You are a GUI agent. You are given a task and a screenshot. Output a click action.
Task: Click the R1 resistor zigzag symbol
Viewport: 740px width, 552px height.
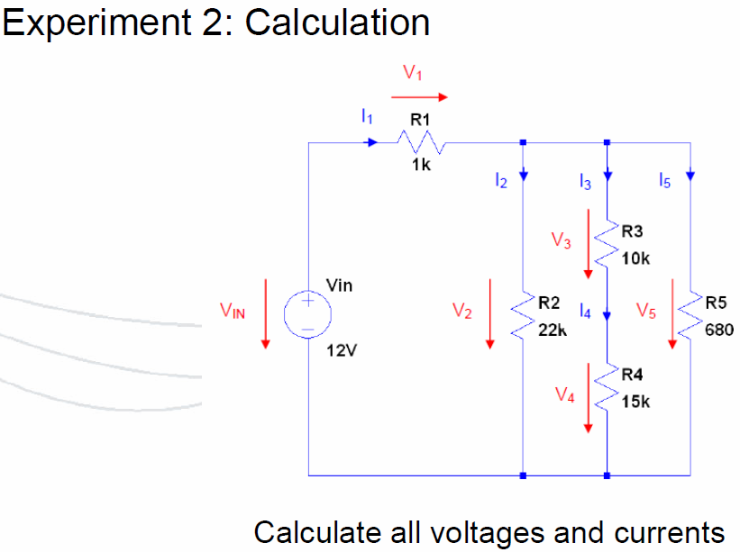click(x=421, y=142)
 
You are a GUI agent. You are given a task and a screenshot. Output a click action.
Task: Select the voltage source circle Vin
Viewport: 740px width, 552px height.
click(x=307, y=314)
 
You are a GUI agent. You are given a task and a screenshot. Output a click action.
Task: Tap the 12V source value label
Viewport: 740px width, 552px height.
click(x=342, y=350)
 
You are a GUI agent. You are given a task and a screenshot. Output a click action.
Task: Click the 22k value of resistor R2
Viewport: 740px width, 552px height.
click(x=553, y=330)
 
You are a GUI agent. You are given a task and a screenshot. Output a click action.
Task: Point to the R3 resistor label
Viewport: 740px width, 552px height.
click(x=632, y=231)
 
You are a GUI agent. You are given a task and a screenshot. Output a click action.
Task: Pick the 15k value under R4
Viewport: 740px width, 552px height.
click(x=635, y=402)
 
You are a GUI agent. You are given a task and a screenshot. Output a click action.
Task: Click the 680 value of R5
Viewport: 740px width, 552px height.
click(x=719, y=330)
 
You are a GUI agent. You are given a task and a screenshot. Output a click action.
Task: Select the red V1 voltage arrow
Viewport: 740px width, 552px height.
click(x=419, y=97)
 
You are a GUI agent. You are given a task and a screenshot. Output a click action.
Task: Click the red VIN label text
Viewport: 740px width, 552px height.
click(x=233, y=311)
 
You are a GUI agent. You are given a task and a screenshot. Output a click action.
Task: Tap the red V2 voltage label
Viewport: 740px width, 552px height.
click(x=462, y=311)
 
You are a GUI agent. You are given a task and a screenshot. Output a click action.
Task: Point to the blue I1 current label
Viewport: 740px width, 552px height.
click(x=367, y=116)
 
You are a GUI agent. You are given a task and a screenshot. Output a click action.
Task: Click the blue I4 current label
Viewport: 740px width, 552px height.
click(x=585, y=311)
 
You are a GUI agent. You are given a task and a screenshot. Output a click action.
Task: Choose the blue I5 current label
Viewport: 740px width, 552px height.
click(x=664, y=180)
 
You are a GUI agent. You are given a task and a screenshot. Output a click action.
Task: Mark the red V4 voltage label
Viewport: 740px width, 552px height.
click(x=565, y=394)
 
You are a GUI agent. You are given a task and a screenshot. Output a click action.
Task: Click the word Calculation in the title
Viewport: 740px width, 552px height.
click(x=337, y=23)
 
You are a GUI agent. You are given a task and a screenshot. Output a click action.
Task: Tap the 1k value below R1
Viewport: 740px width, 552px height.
click(x=421, y=165)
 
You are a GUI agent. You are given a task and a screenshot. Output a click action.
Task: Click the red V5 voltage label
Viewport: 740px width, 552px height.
click(x=646, y=311)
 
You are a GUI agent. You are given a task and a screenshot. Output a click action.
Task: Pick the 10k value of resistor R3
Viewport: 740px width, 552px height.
click(x=635, y=258)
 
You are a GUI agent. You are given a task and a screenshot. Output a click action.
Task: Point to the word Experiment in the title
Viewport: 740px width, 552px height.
click(x=96, y=23)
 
